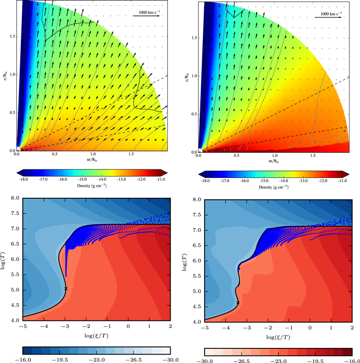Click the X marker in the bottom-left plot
point(66,288)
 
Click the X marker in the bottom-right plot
point(238,302)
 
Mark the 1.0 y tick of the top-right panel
point(194,75)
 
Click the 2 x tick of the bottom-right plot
point(351,328)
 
